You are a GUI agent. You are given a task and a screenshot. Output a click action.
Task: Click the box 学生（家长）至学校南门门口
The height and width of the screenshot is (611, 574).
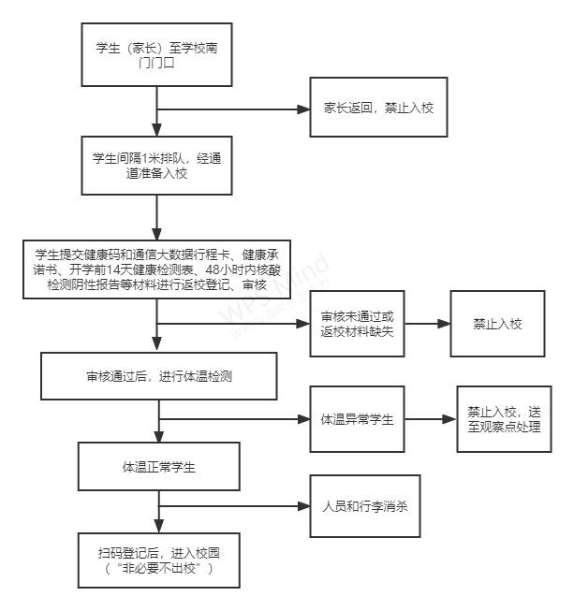coord(157,55)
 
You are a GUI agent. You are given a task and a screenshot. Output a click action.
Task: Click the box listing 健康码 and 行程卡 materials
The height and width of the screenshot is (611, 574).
coord(157,269)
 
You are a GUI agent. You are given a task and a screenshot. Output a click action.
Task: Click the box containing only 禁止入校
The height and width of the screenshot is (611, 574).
coord(497,325)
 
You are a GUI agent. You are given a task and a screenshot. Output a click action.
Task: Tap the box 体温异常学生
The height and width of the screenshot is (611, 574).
coord(357,418)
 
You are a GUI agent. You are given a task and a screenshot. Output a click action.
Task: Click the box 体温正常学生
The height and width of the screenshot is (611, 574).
coord(157,465)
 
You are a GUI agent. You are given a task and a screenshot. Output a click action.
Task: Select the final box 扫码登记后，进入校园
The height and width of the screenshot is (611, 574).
coord(157,559)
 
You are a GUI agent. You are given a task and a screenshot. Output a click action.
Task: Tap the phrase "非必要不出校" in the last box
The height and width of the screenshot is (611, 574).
coord(157,568)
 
